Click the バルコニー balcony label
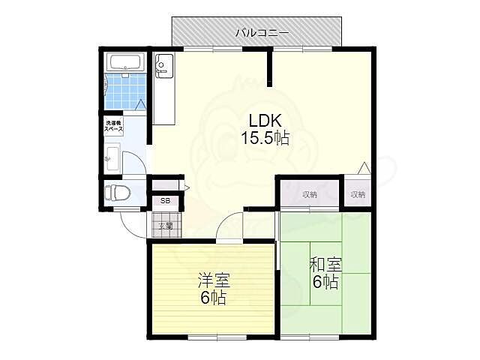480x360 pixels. (258, 32)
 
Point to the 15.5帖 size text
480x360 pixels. (265, 138)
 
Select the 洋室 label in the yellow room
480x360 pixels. (213, 280)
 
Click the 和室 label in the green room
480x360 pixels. (325, 265)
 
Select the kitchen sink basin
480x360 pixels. (163, 67)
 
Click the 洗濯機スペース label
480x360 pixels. (114, 125)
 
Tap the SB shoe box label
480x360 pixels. (165, 201)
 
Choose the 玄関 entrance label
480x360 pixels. (165, 225)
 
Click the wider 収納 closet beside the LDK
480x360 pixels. (310, 194)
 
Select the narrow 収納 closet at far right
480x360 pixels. (358, 194)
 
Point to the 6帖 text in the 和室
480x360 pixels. (325, 282)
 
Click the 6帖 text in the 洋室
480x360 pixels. (213, 298)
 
